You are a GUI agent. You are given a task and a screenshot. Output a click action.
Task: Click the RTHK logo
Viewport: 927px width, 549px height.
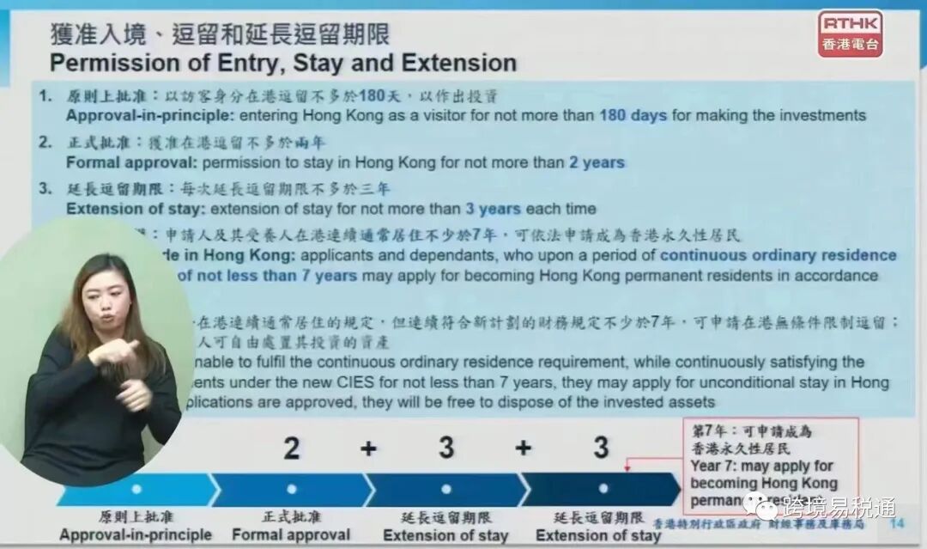click(850, 34)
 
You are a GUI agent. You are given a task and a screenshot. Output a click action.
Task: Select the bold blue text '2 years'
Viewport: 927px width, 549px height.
click(597, 162)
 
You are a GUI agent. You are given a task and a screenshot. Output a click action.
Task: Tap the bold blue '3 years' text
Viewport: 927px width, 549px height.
click(495, 209)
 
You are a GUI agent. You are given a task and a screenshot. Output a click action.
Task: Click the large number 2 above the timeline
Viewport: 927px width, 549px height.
click(292, 448)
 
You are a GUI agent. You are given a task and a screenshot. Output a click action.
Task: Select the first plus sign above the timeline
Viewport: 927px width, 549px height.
click(368, 448)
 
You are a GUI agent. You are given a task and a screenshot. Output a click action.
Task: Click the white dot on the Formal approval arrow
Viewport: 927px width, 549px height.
click(292, 489)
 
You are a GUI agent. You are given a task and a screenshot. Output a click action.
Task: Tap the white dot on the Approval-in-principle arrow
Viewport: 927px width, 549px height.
click(136, 489)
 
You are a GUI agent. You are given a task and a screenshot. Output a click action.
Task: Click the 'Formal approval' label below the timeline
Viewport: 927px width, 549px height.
click(291, 534)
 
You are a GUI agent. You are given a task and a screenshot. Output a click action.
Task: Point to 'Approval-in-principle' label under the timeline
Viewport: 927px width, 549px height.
click(136, 534)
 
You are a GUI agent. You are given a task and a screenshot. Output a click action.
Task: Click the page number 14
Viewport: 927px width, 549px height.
click(898, 524)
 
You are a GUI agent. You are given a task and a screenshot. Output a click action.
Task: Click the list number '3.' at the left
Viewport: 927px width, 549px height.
click(45, 189)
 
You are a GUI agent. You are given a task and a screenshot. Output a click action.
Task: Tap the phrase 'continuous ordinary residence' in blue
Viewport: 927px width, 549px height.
click(778, 255)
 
